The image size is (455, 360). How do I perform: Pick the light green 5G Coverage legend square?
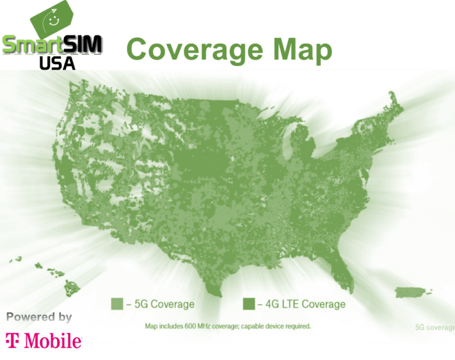117,304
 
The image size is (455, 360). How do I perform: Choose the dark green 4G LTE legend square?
249,304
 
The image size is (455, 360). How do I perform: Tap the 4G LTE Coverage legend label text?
301,304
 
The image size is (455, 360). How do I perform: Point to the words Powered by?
39,317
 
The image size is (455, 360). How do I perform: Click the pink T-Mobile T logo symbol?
13,341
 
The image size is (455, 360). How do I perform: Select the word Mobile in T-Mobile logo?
53,341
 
